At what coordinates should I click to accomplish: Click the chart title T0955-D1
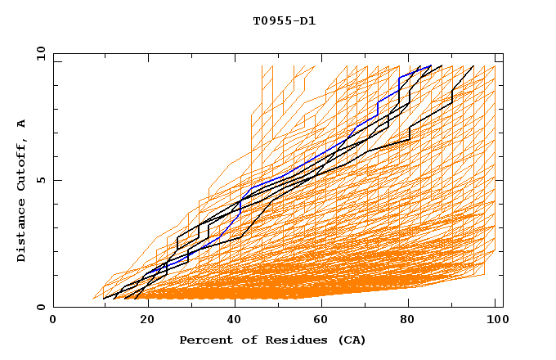284,20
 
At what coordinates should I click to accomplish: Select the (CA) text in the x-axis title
348,340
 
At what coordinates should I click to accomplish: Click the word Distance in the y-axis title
21,232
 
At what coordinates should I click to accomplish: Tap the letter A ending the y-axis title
21,124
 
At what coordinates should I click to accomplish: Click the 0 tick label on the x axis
54,320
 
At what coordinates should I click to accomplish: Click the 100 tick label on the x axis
496,320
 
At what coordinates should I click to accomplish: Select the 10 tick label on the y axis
38,52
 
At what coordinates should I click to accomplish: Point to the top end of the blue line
431,65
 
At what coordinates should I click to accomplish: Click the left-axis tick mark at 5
56,180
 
